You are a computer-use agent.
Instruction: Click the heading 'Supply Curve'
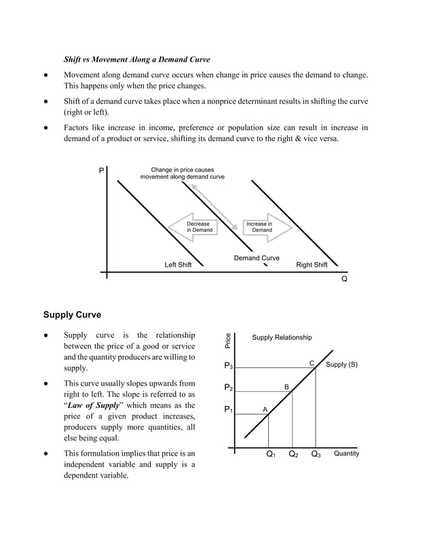tap(72, 315)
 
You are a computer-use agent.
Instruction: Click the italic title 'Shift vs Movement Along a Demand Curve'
tap(136, 59)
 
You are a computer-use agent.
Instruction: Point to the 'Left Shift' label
tap(178, 265)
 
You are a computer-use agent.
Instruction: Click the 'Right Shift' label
tap(312, 265)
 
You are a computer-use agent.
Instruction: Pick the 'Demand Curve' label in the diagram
tap(257, 258)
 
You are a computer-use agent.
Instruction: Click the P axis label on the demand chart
tap(102, 172)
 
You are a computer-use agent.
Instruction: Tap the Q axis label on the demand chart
tap(344, 279)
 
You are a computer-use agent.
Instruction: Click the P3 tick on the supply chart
tap(228, 366)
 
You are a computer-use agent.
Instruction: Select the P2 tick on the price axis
tap(228, 388)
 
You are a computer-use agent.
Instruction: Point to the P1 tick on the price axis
tap(228, 410)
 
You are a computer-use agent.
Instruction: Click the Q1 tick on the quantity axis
tap(271, 454)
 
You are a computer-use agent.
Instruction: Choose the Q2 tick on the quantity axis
tap(293, 454)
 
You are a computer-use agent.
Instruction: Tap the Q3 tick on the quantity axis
tap(316, 454)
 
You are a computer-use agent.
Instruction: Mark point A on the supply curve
tap(265, 409)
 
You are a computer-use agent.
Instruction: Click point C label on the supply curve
tap(312, 363)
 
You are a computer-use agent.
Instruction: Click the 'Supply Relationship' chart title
tap(282, 338)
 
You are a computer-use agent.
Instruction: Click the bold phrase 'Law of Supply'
tap(92, 405)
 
